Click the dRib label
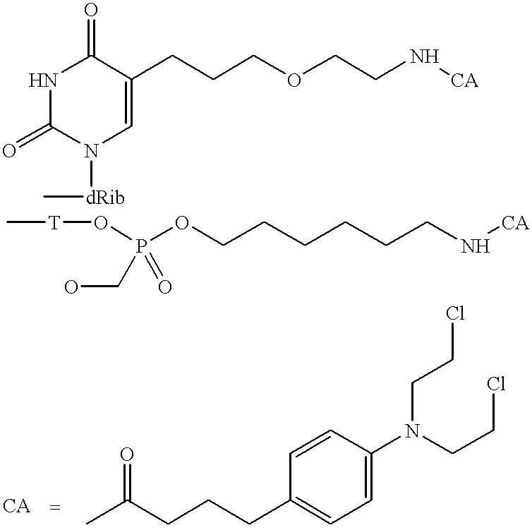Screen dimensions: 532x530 click(105, 198)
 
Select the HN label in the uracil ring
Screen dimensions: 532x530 click(43, 80)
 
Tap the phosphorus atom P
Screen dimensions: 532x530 click(142, 247)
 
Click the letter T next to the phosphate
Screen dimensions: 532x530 click(54, 223)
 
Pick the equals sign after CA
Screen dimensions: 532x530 click(54, 508)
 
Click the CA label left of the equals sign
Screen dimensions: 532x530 click(17, 507)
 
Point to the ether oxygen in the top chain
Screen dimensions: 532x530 click(294, 80)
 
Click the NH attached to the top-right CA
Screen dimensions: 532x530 click(425, 56)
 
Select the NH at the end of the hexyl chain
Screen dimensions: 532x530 click(476, 246)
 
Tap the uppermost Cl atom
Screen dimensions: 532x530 click(454, 313)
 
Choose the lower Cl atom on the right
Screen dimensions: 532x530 click(496, 383)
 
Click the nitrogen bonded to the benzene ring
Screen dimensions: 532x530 click(413, 431)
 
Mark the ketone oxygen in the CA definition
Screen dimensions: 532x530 click(127, 454)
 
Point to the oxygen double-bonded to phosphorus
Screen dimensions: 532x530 click(165, 287)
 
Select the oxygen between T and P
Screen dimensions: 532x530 click(100, 223)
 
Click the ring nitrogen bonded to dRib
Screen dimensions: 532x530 click(91, 150)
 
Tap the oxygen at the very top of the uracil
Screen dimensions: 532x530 click(90, 10)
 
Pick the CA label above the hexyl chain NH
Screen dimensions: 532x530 click(514, 223)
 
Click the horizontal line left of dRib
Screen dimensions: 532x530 click(64, 196)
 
